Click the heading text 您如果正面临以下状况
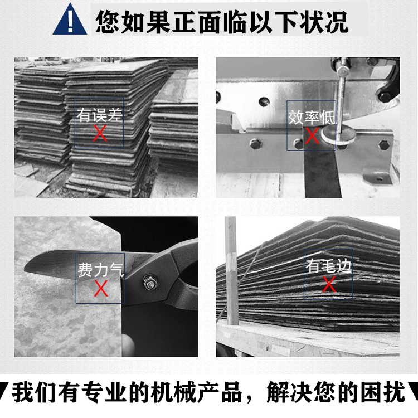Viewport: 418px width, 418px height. (222, 22)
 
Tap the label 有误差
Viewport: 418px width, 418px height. (99, 115)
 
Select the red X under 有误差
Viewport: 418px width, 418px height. (100, 133)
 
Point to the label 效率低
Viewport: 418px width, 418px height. (312, 118)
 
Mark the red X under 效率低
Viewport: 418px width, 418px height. (312, 135)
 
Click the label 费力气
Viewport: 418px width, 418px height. (101, 270)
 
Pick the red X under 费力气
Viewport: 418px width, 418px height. (101, 288)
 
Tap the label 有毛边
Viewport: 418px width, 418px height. (328, 266)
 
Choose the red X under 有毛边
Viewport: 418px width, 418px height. (329, 284)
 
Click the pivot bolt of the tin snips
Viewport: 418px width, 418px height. (150, 283)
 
